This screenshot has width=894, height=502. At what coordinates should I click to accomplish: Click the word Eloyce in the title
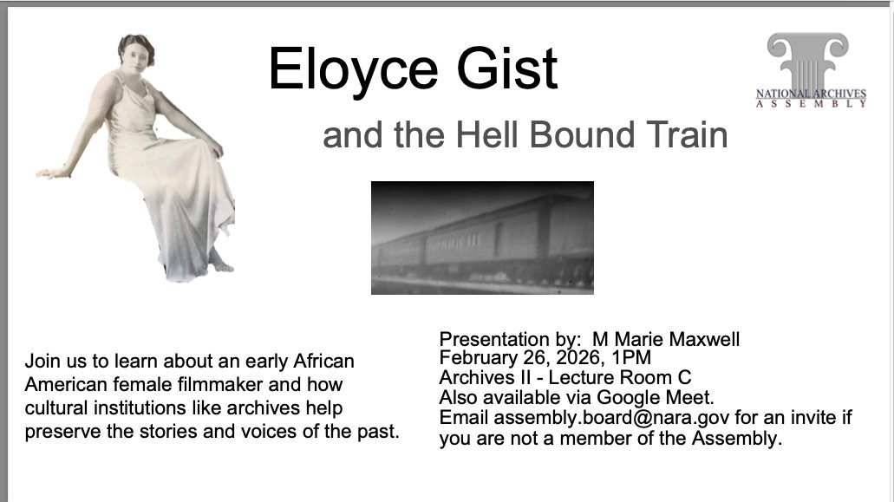click(x=354, y=70)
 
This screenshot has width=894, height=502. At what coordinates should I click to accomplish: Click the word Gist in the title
click(x=507, y=68)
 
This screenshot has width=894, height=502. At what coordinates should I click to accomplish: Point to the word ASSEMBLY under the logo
click(x=811, y=104)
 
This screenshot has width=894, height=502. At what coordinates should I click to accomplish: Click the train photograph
click(x=482, y=238)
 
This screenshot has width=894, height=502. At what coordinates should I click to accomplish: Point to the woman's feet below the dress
click(x=221, y=263)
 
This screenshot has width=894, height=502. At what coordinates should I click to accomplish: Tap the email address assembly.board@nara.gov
click(x=611, y=418)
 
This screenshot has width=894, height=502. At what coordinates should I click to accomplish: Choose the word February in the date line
click(x=477, y=357)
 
